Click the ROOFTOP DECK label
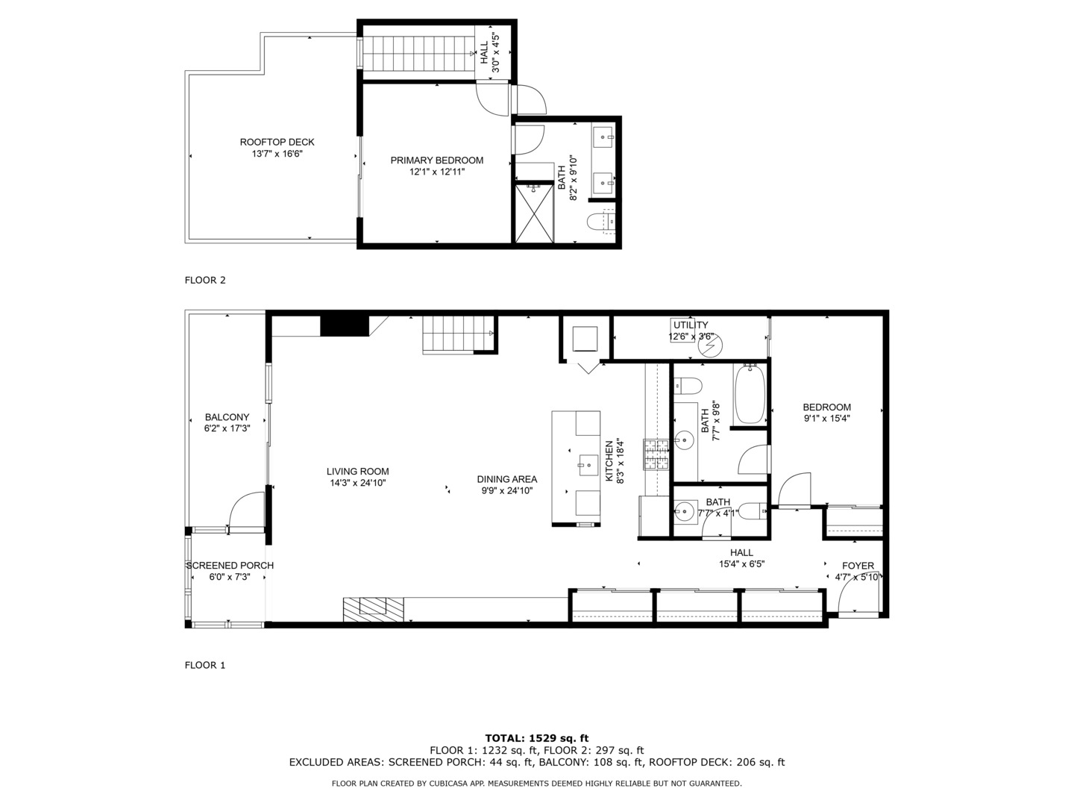click(x=277, y=142)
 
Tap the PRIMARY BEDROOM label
click(x=437, y=160)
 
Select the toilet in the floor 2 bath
click(x=601, y=222)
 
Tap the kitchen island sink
click(x=588, y=465)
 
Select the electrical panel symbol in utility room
click(x=710, y=346)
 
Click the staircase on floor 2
click(x=418, y=53)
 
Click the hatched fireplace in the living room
click(x=374, y=608)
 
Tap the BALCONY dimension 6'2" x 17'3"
click(x=227, y=429)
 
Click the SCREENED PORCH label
click(x=230, y=566)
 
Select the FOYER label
click(x=858, y=566)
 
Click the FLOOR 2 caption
click(x=205, y=281)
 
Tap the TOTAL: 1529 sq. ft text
click(x=537, y=738)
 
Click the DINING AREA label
click(x=507, y=479)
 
